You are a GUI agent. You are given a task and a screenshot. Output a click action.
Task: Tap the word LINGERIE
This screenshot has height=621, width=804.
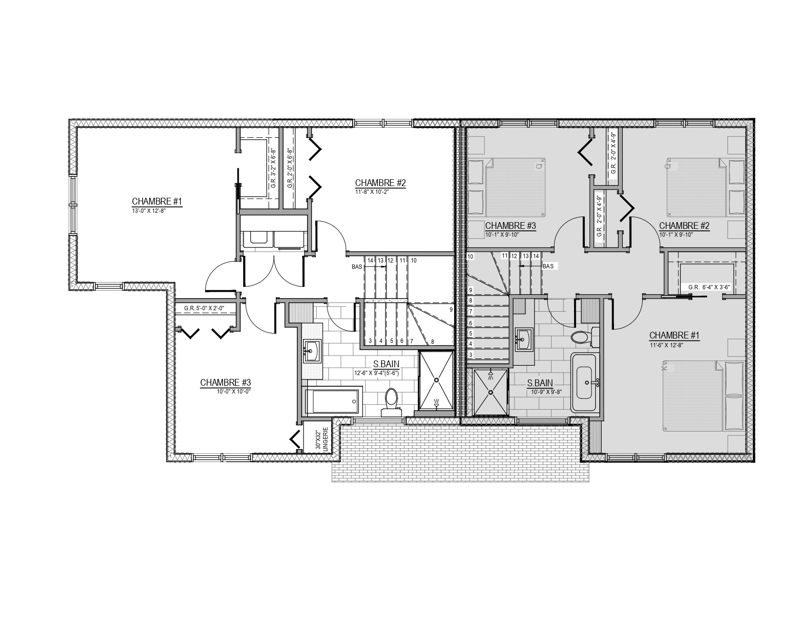point(325,439)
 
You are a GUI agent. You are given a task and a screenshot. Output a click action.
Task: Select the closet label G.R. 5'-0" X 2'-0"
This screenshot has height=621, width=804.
point(204,308)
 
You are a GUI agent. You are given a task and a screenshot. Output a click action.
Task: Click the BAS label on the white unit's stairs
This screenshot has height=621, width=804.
point(357,267)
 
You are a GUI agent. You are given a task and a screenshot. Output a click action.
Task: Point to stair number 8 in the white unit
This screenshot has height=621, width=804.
point(432,342)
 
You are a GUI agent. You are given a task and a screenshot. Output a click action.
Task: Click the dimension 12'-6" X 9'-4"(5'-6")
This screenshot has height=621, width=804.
point(377,373)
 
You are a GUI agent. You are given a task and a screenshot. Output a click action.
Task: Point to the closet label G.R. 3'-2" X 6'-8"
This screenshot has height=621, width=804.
point(273,169)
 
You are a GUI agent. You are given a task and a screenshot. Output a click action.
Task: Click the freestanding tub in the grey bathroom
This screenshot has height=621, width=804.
point(583,382)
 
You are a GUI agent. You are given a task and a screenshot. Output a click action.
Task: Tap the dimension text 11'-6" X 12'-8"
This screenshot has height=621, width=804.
point(667,345)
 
